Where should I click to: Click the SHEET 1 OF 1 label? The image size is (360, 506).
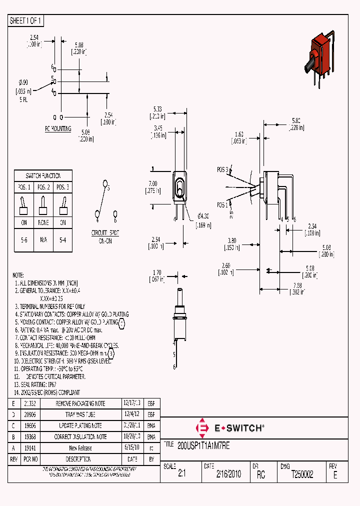pos(26,21)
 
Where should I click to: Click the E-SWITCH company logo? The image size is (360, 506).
pos(229,428)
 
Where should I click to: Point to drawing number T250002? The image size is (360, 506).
pos(302,474)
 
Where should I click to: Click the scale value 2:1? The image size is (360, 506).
pos(181,474)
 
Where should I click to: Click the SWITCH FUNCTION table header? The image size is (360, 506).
pos(43,176)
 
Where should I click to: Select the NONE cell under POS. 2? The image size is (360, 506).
pos(43,223)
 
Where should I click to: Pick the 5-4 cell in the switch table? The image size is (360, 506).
pos(63,240)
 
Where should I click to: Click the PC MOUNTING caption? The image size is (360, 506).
pos(58,128)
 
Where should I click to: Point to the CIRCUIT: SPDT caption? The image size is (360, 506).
pos(104,233)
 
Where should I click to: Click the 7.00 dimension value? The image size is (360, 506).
pos(153,184)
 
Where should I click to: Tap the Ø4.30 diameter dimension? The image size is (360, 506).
pos(203,216)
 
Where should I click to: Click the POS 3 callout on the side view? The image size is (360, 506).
pos(223,170)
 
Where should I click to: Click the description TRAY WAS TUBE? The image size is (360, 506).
pos(80,414)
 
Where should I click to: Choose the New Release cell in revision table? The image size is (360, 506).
pos(80,448)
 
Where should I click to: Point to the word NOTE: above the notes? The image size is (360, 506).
pos(18,275)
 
